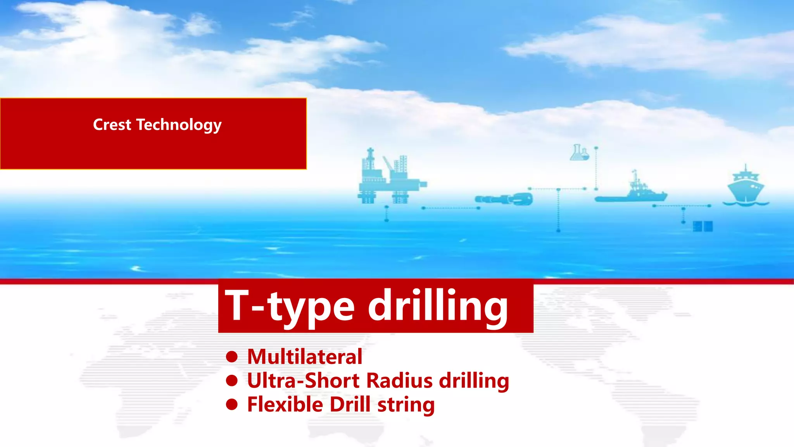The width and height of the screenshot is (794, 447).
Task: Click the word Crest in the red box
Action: pyautogui.click(x=112, y=125)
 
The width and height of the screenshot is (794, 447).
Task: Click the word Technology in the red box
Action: pyautogui.click(x=179, y=125)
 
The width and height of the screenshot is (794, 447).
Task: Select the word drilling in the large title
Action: pyautogui.click(x=438, y=307)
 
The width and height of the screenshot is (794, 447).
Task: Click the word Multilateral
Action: pyautogui.click(x=305, y=357)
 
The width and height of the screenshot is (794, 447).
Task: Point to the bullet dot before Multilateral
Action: pyautogui.click(x=232, y=357)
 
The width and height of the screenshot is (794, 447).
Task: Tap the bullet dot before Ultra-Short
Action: pyautogui.click(x=232, y=381)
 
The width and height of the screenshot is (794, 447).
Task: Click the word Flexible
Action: pyautogui.click(x=285, y=405)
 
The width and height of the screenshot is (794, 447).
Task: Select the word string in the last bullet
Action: pyautogui.click(x=406, y=405)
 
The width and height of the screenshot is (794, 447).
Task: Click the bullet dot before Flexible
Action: pyautogui.click(x=232, y=405)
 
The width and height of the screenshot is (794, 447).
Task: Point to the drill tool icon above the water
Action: pyautogui.click(x=504, y=199)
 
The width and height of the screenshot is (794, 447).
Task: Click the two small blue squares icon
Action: pyautogui.click(x=703, y=226)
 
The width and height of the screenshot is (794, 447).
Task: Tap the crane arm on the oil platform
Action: pyautogui.click(x=388, y=163)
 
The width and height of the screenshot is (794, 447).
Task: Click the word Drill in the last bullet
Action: pyautogui.click(x=350, y=405)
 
